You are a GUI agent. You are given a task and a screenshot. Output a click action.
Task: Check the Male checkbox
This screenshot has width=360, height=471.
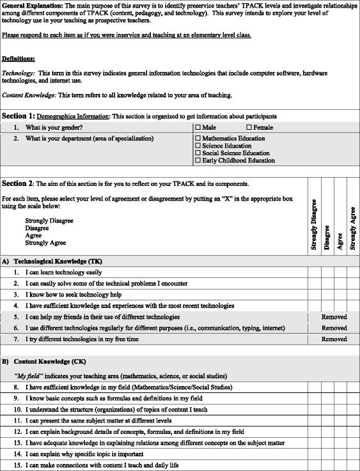pyautogui.click(x=198, y=127)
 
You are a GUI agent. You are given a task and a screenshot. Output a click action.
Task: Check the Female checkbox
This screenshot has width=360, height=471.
pyautogui.click(x=249, y=127)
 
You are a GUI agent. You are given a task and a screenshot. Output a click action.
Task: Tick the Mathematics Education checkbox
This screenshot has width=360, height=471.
pyautogui.click(x=198, y=138)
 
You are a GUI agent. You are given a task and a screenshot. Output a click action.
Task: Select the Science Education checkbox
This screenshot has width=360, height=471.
pyautogui.click(x=198, y=146)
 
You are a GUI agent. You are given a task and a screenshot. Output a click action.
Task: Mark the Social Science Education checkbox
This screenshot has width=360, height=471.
pyautogui.click(x=198, y=153)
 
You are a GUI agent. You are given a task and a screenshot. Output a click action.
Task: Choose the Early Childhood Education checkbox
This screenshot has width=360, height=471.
pyautogui.click(x=198, y=161)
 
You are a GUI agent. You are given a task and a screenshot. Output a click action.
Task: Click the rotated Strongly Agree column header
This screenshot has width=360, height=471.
pyautogui.click(x=352, y=228)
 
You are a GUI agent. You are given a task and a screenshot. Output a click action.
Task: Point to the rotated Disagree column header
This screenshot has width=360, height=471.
pyautogui.click(x=327, y=236)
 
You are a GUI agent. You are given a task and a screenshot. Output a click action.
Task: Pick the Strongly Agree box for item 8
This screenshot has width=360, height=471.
pyautogui.click(x=352, y=387)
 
